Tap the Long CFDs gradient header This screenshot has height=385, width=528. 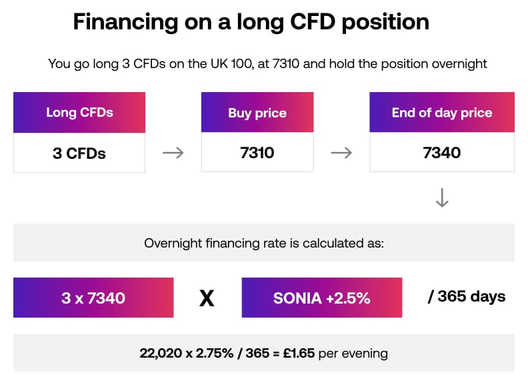tap(79, 112)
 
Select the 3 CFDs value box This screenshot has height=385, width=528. tap(79, 153)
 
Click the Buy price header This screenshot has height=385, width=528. tap(257, 113)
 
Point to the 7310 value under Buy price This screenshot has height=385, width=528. tap(257, 153)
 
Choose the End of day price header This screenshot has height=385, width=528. tap(441, 112)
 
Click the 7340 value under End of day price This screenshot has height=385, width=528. tap(441, 153)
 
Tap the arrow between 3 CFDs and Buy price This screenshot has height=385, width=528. tap(173, 153)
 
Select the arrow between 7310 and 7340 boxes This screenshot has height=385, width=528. tap(341, 153)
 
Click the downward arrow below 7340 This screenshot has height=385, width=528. tap(441, 198)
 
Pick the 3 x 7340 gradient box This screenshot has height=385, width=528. tap(93, 298)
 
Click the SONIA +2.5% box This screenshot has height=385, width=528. tap(321, 298)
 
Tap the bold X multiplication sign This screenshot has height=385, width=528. tap(207, 298)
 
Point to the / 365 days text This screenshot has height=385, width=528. tap(466, 296)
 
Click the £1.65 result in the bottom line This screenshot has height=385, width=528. tap(300, 352)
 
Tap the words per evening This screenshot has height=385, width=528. tap(353, 352)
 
